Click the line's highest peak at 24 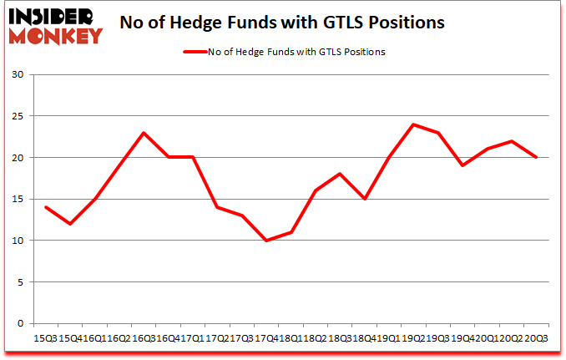(413, 124)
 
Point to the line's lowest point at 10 (267, 241)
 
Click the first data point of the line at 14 (47, 207)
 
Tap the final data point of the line (536, 158)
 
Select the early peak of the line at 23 (144, 133)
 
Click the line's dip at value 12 (71, 224)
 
